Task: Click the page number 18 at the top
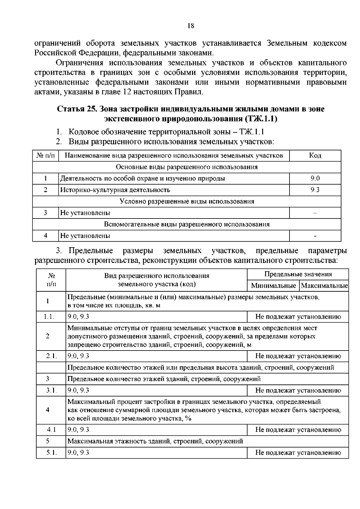pyautogui.click(x=191, y=26)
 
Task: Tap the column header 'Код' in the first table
pyautogui.click(x=315, y=155)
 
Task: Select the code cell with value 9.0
pyautogui.click(x=315, y=178)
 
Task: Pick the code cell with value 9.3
pyautogui.click(x=315, y=190)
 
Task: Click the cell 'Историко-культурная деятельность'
pyautogui.click(x=115, y=190)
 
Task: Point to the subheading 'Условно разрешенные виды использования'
pyautogui.click(x=187, y=201)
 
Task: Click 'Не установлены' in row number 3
pyautogui.click(x=85, y=213)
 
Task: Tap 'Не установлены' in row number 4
pyautogui.click(x=85, y=236)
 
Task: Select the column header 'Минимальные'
pyautogui.click(x=273, y=285)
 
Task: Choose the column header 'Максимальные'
pyautogui.click(x=324, y=285)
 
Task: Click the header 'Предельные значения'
pyautogui.click(x=298, y=274)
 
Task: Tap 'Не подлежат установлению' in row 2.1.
pyautogui.click(x=298, y=356)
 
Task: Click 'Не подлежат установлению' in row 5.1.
pyautogui.click(x=298, y=453)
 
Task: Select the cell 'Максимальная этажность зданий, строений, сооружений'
pyautogui.click(x=155, y=441)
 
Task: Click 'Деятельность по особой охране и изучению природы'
pyautogui.click(x=143, y=178)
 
